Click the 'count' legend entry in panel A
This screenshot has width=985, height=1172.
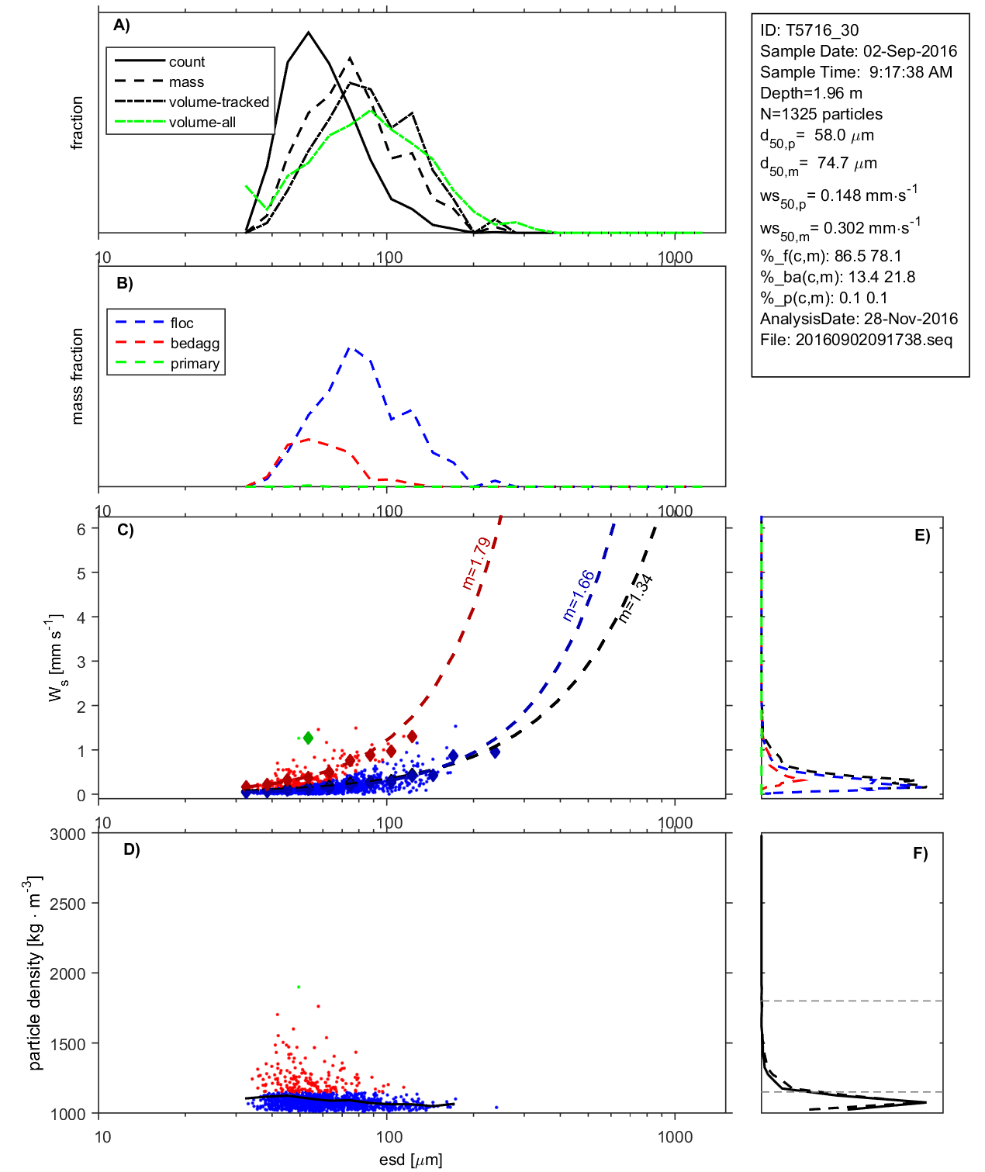(186, 62)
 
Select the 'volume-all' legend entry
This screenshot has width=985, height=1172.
(202, 123)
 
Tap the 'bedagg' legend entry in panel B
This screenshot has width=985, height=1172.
(195, 344)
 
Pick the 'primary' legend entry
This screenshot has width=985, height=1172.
(195, 364)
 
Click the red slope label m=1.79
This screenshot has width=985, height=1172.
(475, 563)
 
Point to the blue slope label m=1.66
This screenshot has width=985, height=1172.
(579, 596)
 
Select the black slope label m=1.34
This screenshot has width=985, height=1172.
(635, 599)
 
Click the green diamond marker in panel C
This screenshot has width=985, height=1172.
(308, 738)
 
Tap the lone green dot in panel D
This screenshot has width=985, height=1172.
(299, 987)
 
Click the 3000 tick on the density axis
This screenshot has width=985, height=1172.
(67, 835)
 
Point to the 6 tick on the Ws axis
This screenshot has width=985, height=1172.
(81, 529)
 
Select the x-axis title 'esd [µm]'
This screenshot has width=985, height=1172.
(410, 1160)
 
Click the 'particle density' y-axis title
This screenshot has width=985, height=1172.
(34, 973)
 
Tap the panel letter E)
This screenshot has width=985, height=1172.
(921, 535)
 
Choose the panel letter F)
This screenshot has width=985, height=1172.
(920, 853)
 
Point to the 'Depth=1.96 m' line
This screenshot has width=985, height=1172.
(811, 93)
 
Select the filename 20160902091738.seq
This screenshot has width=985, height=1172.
(873, 340)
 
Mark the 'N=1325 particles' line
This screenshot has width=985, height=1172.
(821, 114)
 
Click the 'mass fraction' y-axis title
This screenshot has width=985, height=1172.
(78, 376)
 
